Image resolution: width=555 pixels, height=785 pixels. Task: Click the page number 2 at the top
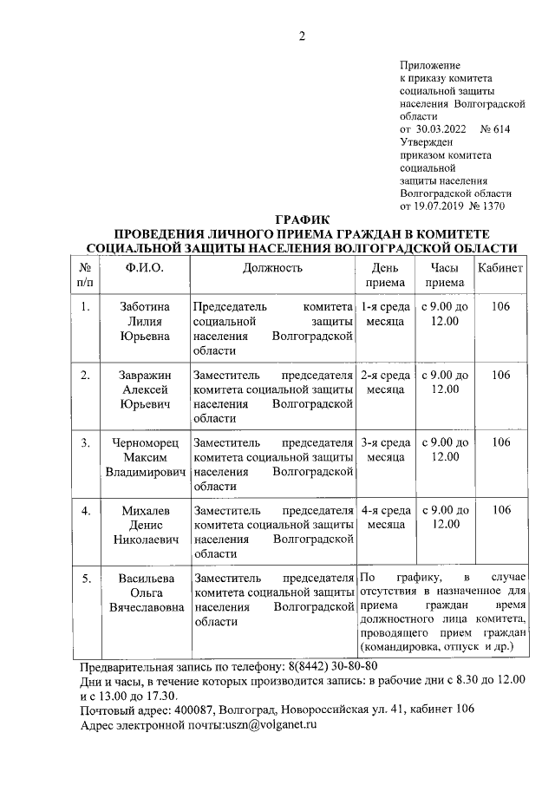[302, 36]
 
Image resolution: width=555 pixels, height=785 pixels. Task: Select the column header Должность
[272, 268]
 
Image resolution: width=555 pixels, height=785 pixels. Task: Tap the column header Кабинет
[500, 268]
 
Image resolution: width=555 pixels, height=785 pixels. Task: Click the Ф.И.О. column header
[144, 268]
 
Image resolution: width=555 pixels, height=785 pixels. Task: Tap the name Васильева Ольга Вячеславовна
[144, 592]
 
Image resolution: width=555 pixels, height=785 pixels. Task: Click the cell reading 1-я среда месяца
[385, 313]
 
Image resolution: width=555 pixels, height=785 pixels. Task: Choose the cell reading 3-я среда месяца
[385, 449]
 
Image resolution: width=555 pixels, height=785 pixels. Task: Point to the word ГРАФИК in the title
[302, 221]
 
